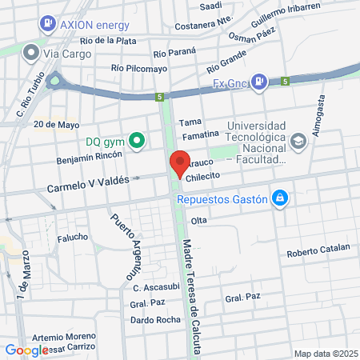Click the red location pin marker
pos(180,163)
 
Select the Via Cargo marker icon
pos(31,53)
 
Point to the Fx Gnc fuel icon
pos(259,82)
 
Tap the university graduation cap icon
pos(298,142)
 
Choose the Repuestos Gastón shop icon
pos(279,198)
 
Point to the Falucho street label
pos(72,238)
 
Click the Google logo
pos(26,350)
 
